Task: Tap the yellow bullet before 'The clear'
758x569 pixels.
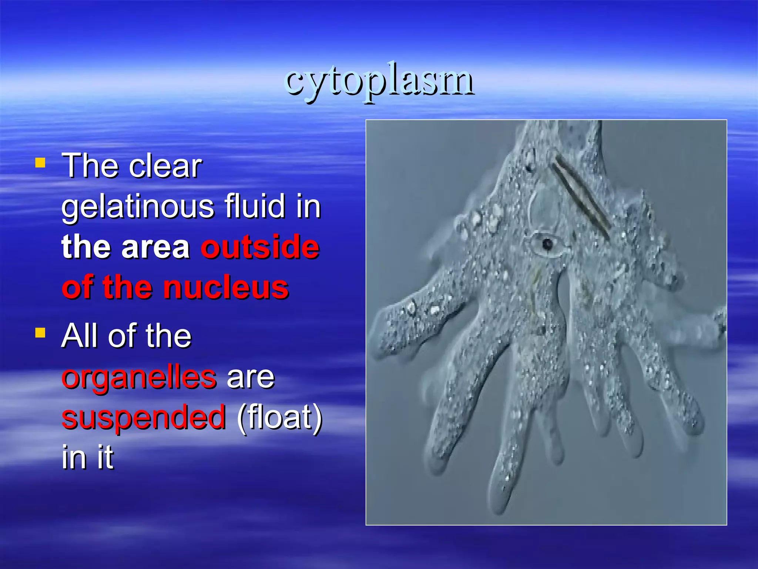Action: tap(40, 163)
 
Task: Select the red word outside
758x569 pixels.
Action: tap(260, 247)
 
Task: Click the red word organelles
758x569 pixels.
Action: tap(139, 378)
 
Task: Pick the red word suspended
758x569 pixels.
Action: tap(144, 417)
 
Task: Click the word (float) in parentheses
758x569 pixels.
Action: tap(279, 417)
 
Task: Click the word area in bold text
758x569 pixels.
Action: tap(155, 247)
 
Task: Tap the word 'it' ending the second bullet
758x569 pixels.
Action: tap(105, 457)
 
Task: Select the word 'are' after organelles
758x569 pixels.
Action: tap(251, 378)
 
